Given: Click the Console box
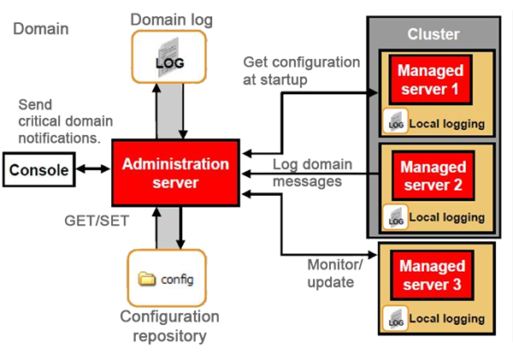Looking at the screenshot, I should (38, 170).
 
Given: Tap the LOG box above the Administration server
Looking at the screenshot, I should (169, 57).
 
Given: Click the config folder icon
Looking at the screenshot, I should (146, 279).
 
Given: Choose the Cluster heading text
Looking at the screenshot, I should (433, 34).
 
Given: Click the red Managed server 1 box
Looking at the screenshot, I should (432, 79).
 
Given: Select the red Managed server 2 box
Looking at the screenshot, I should (433, 175).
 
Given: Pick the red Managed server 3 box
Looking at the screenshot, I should (433, 275).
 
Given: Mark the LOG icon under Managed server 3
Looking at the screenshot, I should (396, 318).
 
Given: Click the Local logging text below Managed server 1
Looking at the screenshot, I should (446, 124).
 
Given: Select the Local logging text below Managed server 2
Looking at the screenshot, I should (446, 218).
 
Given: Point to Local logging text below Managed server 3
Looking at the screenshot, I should (446, 319).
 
